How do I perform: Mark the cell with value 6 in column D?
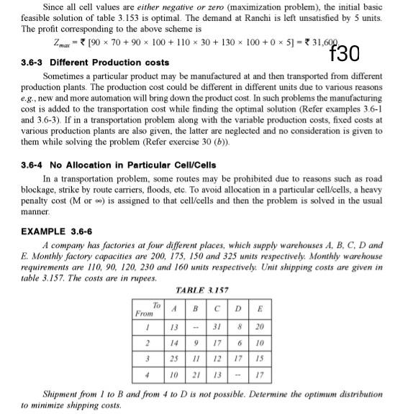click(237, 343)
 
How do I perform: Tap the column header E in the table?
click(260, 309)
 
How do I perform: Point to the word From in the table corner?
click(144, 314)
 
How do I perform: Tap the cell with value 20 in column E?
click(260, 328)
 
